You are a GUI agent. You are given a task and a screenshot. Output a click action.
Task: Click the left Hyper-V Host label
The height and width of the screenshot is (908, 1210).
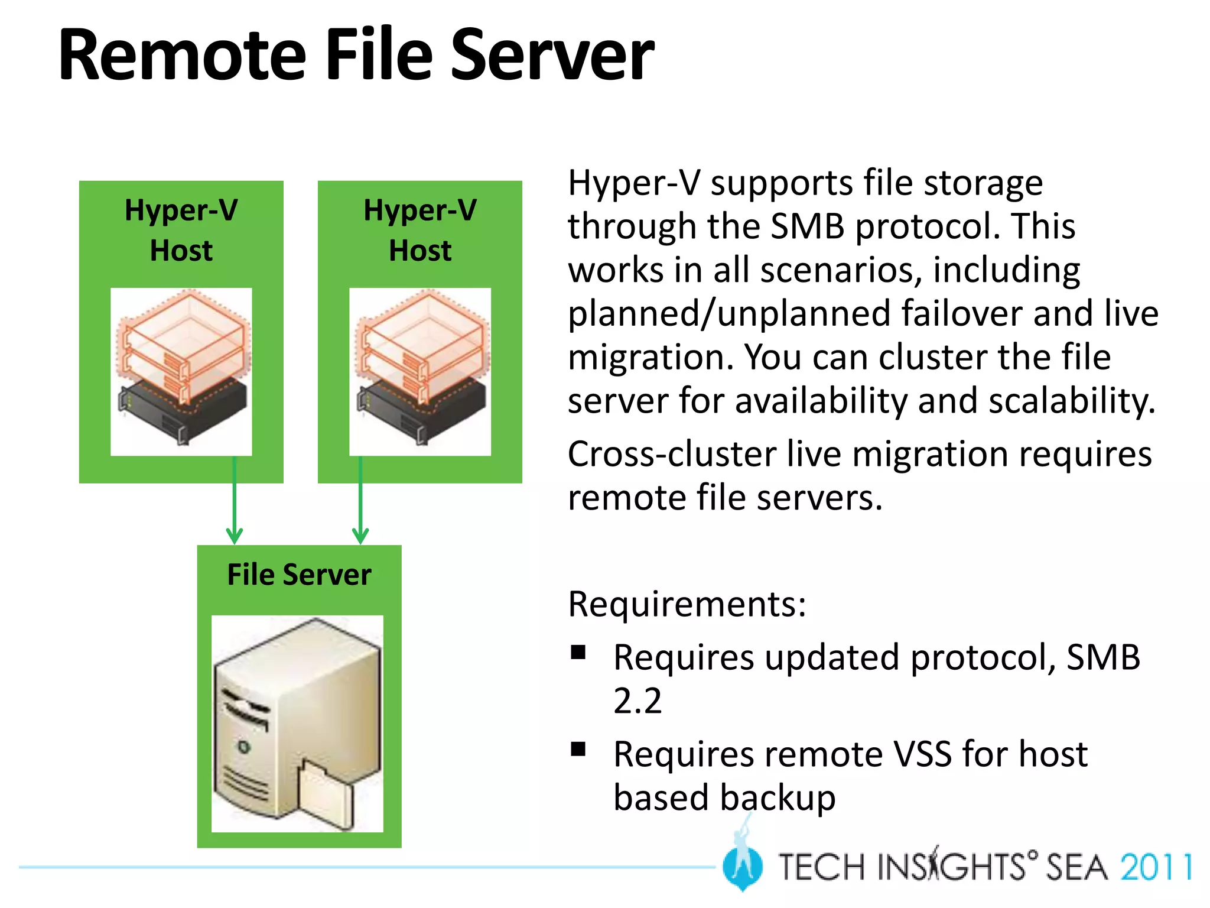coord(181,230)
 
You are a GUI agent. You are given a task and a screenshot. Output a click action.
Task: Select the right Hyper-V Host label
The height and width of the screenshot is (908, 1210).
coord(419,230)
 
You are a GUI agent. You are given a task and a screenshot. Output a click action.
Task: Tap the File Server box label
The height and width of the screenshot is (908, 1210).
coord(299,575)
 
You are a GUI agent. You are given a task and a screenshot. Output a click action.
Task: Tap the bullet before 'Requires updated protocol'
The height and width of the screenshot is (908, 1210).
coord(578,652)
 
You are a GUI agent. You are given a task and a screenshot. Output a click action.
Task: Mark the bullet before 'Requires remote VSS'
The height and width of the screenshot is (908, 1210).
coord(578,749)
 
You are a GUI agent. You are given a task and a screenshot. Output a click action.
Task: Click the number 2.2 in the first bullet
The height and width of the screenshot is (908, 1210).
coord(637,701)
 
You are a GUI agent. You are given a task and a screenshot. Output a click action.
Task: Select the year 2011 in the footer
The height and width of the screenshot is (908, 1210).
coord(1155,868)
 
